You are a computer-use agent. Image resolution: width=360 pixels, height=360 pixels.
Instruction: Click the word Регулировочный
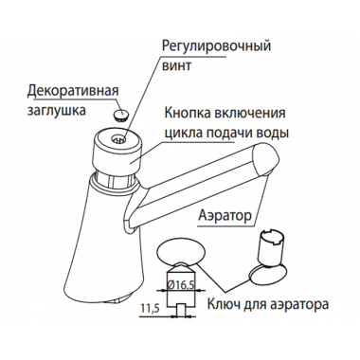point(224,46)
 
